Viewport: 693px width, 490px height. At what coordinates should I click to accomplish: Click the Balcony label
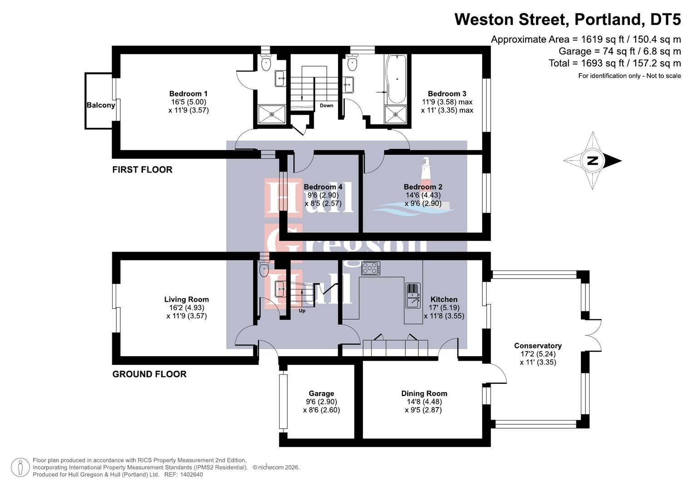coord(100,105)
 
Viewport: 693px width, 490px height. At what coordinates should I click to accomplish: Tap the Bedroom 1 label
coord(188,94)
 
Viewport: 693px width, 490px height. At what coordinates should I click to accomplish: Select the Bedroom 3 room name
coord(447,94)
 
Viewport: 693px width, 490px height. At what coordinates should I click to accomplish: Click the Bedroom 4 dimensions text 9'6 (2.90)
coord(323,195)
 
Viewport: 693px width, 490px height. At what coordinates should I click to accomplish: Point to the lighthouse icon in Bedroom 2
coord(426,170)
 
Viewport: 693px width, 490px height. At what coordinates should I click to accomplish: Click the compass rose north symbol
coord(592,160)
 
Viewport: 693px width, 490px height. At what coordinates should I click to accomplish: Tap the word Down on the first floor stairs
coord(326,106)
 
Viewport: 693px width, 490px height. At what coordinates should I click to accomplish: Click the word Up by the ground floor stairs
coord(302,311)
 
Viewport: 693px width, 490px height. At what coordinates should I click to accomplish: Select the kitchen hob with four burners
coord(371,269)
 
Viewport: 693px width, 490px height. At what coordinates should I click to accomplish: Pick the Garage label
coord(321,393)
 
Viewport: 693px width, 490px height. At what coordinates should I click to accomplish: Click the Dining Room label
coord(424,393)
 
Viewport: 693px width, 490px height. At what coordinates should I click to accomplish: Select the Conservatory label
coord(538,346)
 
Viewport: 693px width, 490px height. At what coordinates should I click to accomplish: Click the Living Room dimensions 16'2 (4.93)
coord(187,308)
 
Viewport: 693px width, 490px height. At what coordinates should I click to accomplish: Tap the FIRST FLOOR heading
coord(142,170)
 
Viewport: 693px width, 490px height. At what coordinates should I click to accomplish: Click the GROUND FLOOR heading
coord(149,374)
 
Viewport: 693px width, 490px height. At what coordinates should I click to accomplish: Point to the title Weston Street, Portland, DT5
coord(567,20)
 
